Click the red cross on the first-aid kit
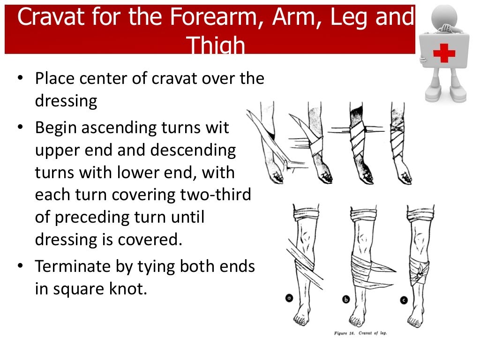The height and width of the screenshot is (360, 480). pos(443,52)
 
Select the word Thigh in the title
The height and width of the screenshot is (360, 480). pos(216,46)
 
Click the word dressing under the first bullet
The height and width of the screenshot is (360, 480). pos(66,101)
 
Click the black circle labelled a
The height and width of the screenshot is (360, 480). pos(289,298)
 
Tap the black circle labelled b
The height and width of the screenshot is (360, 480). pos(346,299)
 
